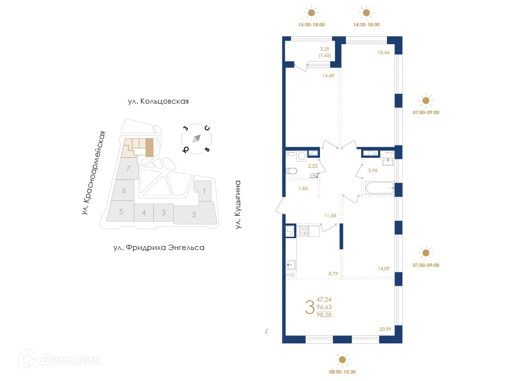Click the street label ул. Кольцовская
pyautogui.click(x=158, y=101)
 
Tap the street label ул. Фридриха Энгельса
pyautogui.click(x=159, y=247)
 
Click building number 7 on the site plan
pyautogui.click(x=128, y=169)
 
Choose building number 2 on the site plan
pyautogui.click(x=194, y=215)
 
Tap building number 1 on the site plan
pyautogui.click(x=203, y=190)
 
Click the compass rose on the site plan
pyautogui.click(x=196, y=138)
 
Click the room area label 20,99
pyautogui.click(x=385, y=328)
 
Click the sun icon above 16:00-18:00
pyautogui.click(x=311, y=13)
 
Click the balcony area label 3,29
pyautogui.click(x=325, y=49)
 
